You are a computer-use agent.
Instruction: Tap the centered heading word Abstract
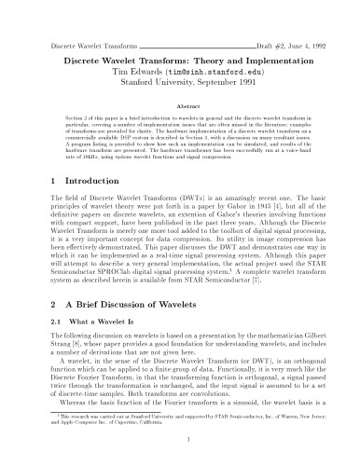pyautogui.click(x=180, y=108)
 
